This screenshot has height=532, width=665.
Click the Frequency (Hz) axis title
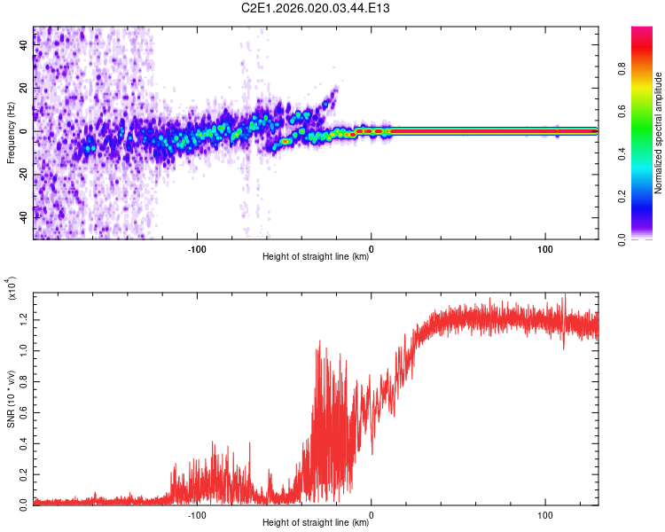tap(12, 132)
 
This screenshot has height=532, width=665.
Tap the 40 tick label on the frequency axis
tap(23, 45)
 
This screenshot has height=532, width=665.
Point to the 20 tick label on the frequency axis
tap(23, 88)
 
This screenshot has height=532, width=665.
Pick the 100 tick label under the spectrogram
tap(545, 247)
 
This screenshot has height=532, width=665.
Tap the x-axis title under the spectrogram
tap(316, 257)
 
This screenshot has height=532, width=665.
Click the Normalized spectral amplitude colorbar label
tap(658, 133)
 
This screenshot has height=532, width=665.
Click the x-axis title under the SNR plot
tap(316, 524)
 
